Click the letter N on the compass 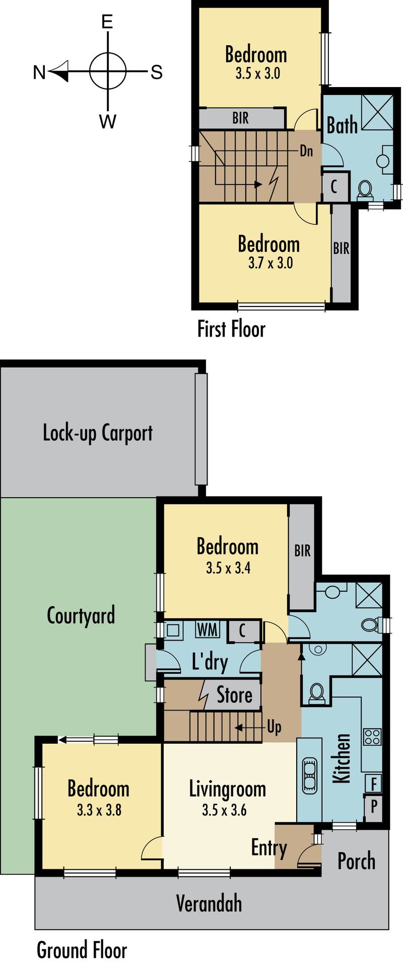point(39,72)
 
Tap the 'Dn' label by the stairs point(306,151)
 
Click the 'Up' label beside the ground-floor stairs point(274,727)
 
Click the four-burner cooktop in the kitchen point(372,737)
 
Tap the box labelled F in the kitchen point(373,783)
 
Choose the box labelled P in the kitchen point(373,806)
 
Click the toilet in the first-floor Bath point(365,190)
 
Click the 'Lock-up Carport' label point(98,433)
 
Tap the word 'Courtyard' point(81,615)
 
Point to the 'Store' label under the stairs point(235,695)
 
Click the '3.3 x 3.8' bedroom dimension point(99,811)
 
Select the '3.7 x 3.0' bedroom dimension point(271,262)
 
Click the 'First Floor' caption point(231,329)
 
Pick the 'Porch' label point(356,861)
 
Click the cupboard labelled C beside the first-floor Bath point(334,186)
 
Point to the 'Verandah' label point(209,904)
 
